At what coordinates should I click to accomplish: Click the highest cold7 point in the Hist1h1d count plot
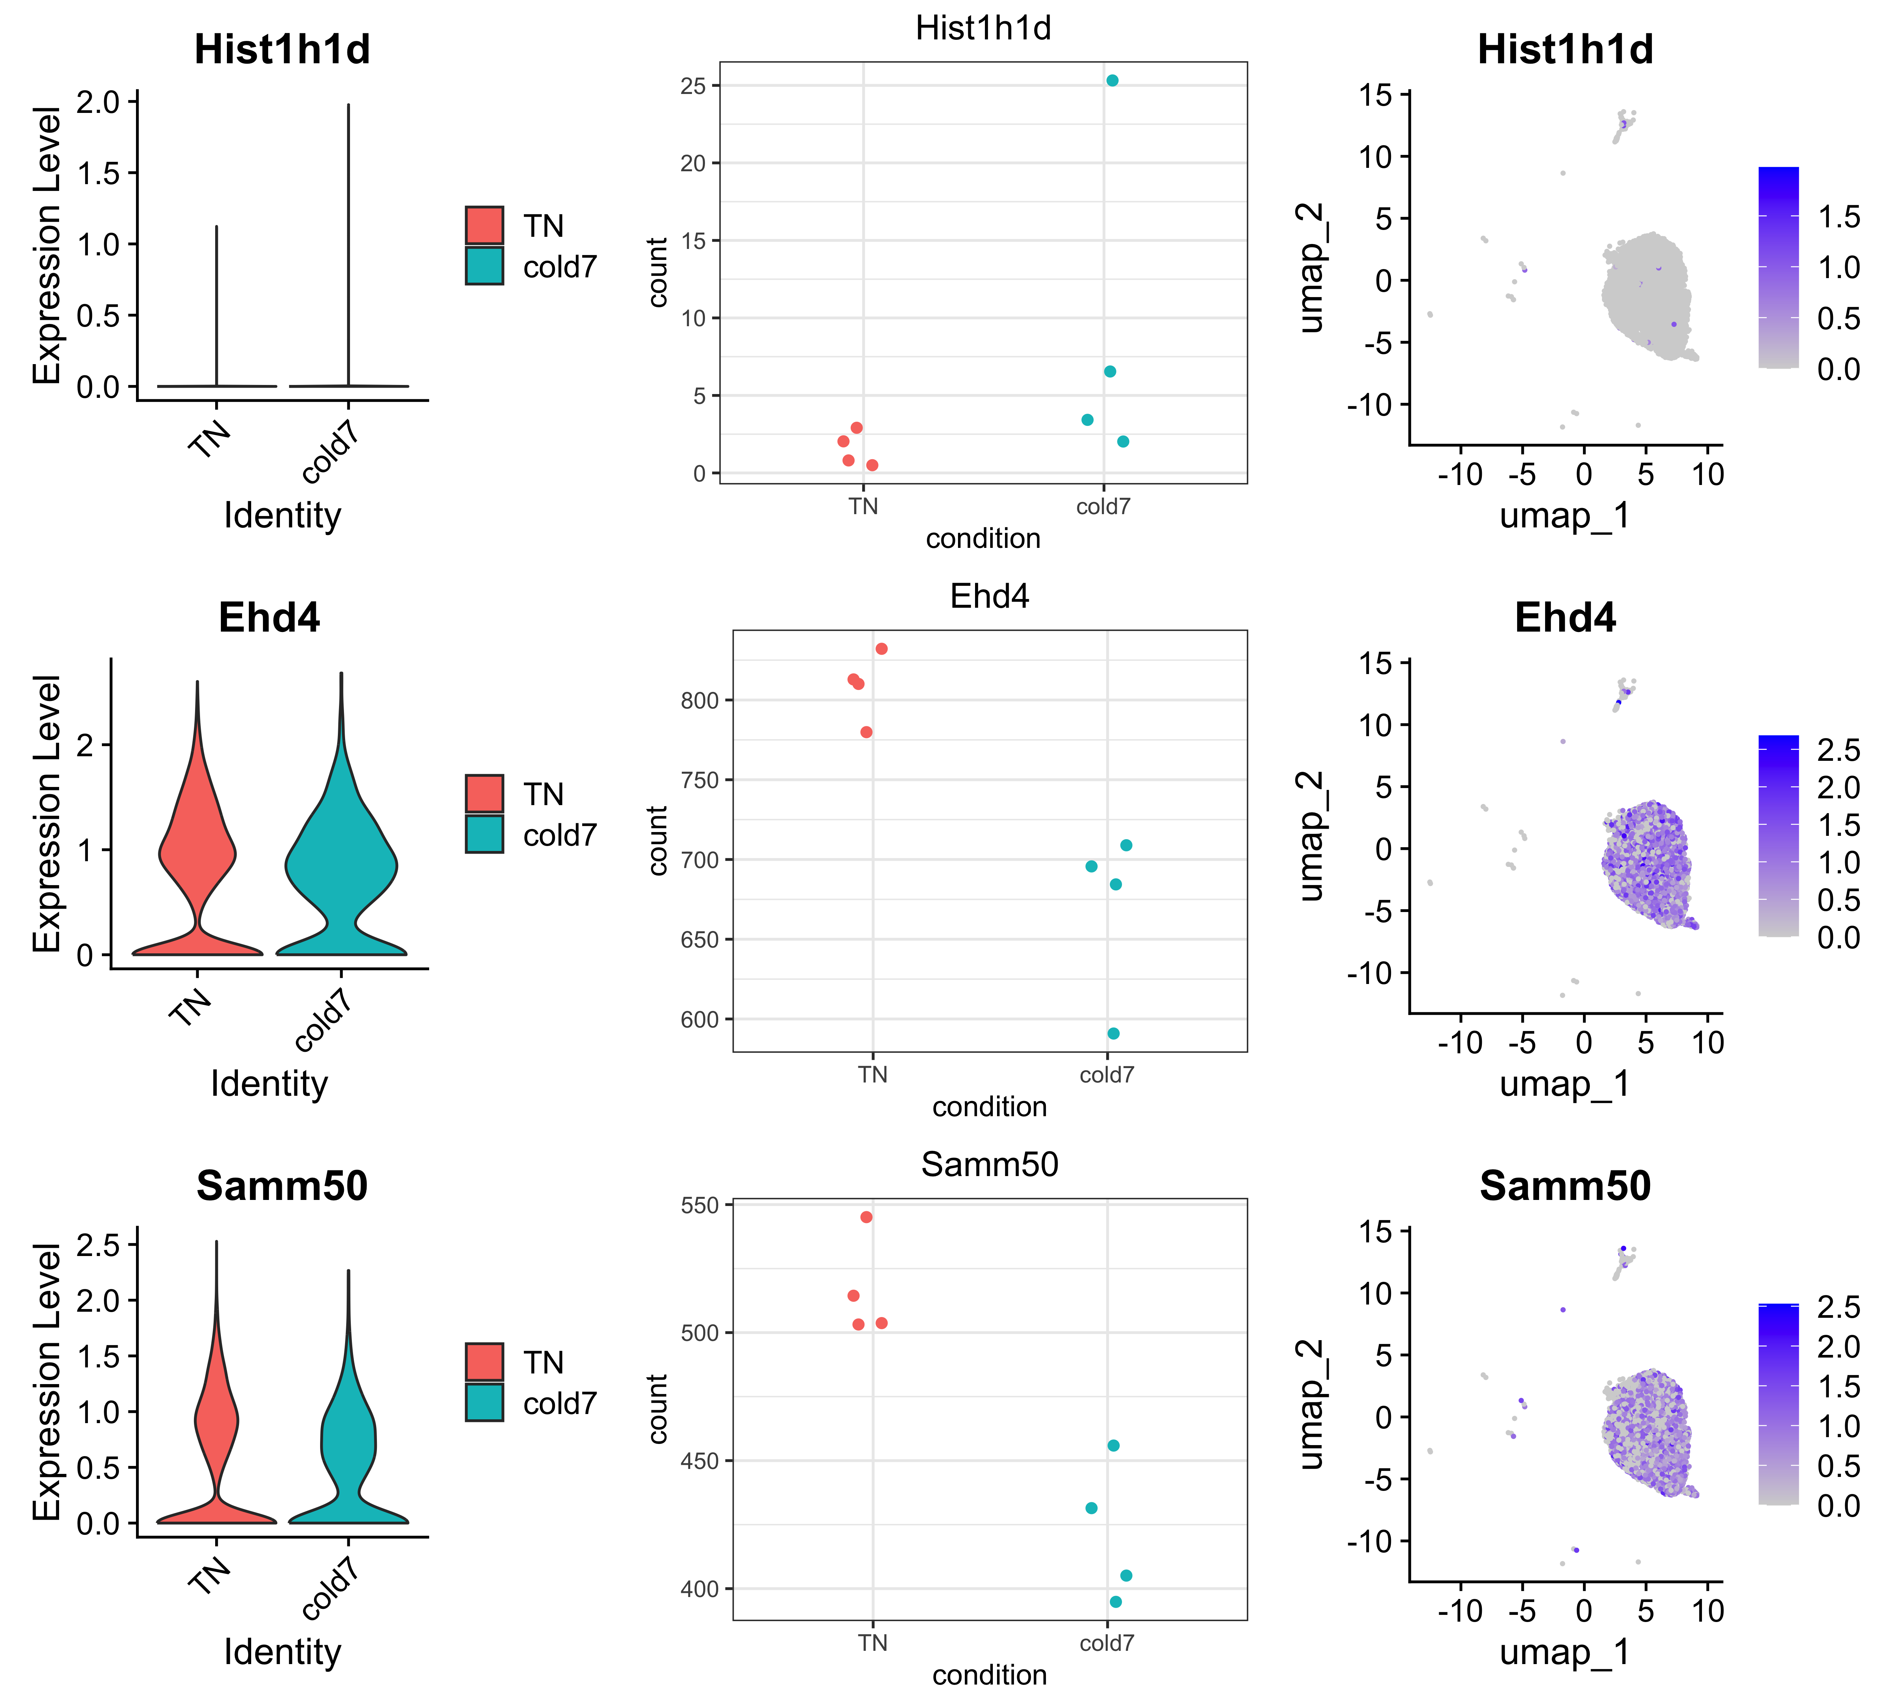[1112, 81]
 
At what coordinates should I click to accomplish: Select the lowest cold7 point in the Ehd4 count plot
[1113, 1033]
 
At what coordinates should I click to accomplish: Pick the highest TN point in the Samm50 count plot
[866, 1217]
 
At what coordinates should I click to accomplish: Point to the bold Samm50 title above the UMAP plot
[1564, 1186]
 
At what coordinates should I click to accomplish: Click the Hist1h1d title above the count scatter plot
[983, 28]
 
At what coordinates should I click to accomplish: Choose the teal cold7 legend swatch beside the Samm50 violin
[484, 1402]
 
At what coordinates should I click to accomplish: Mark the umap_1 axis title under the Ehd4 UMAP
[1564, 1084]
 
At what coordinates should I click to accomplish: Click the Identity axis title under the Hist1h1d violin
[282, 515]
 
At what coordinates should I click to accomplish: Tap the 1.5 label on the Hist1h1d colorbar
[1838, 217]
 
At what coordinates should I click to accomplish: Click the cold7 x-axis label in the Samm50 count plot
[1106, 1643]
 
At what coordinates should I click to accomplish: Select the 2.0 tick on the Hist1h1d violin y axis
[98, 101]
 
